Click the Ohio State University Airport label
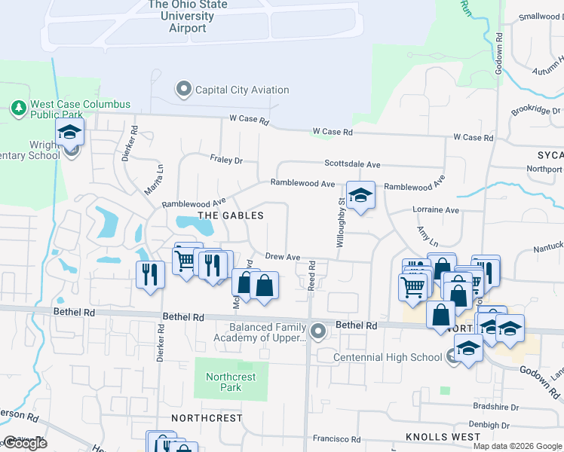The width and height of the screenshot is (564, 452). (188, 16)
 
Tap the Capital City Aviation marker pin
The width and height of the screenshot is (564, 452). (183, 90)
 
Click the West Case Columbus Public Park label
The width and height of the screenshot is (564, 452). (80, 110)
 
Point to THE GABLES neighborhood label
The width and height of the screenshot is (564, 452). (231, 215)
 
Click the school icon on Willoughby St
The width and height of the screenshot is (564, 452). (361, 196)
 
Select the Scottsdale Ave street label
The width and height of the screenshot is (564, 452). (352, 163)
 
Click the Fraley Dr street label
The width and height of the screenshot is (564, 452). (226, 160)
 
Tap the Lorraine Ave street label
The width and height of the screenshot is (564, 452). (435, 210)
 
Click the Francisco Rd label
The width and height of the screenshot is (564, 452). (337, 438)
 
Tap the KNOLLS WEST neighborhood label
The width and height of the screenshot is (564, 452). (438, 437)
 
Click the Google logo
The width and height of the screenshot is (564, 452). (25, 443)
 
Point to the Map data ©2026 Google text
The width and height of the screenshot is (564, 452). (516, 446)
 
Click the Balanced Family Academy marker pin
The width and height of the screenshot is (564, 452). (319, 331)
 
